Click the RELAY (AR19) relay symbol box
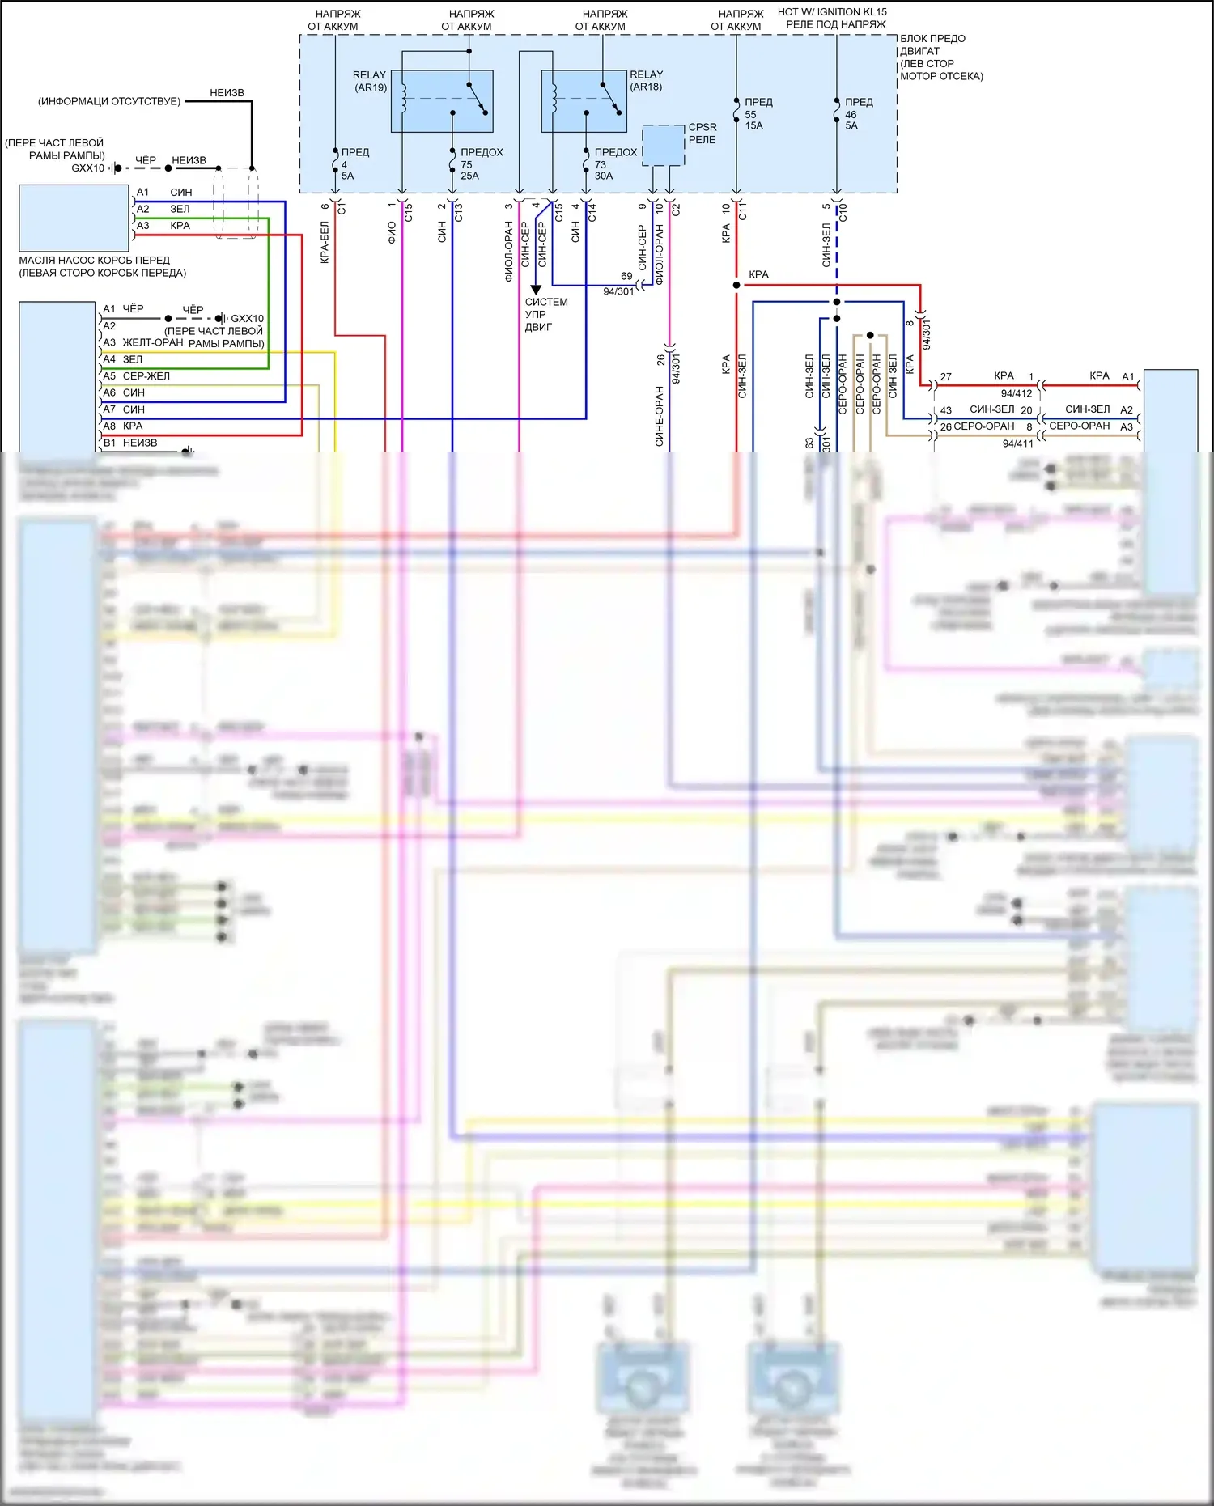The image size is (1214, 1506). click(442, 101)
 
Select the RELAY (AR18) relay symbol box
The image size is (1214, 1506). click(584, 101)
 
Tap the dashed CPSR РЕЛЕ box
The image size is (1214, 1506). click(663, 146)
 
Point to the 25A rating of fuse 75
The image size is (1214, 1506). click(469, 176)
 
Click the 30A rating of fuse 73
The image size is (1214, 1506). click(603, 176)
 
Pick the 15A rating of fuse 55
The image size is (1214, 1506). click(753, 126)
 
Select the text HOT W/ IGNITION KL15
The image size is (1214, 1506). click(832, 12)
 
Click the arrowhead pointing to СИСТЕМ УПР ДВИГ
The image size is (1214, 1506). click(536, 290)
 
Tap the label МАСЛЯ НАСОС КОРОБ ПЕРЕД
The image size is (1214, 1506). click(94, 261)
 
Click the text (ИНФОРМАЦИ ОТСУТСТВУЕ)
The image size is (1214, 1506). click(109, 102)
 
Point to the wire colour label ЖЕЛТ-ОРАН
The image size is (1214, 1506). click(153, 343)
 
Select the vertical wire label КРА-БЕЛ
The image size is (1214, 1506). click(325, 243)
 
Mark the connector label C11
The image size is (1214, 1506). click(743, 212)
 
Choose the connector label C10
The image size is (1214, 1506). click(843, 212)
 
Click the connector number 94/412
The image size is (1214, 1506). click(1017, 393)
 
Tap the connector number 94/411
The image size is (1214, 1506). click(1017, 443)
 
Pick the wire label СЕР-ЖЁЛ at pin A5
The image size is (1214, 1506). click(146, 376)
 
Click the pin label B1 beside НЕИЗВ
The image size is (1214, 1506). click(109, 443)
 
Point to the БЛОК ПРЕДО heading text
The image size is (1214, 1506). click(932, 39)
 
